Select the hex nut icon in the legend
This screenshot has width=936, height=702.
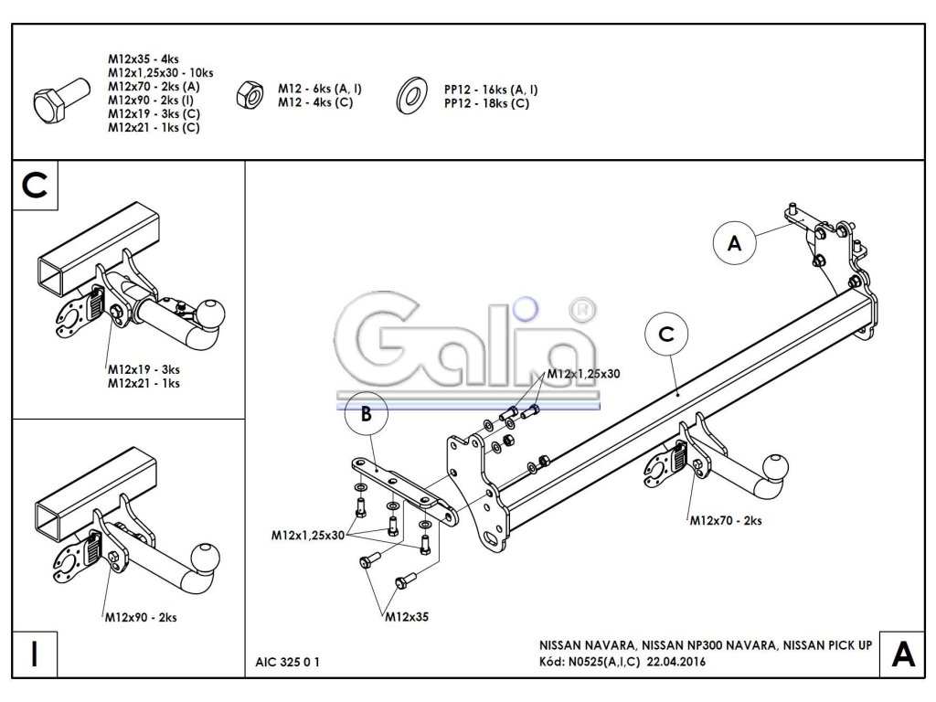[248, 92]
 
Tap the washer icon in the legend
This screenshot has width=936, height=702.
[410, 94]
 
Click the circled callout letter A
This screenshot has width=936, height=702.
[733, 243]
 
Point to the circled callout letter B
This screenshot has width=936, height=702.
[366, 415]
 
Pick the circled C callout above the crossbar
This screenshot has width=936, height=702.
[665, 335]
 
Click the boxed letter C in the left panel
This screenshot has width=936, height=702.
[36, 186]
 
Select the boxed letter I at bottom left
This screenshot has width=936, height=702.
[34, 654]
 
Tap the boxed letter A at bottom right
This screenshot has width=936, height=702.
[901, 654]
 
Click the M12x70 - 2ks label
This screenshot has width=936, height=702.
[726, 521]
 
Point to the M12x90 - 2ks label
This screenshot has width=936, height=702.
[140, 618]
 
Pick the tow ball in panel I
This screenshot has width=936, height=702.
[206, 557]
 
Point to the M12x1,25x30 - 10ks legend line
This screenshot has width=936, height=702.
[160, 72]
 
